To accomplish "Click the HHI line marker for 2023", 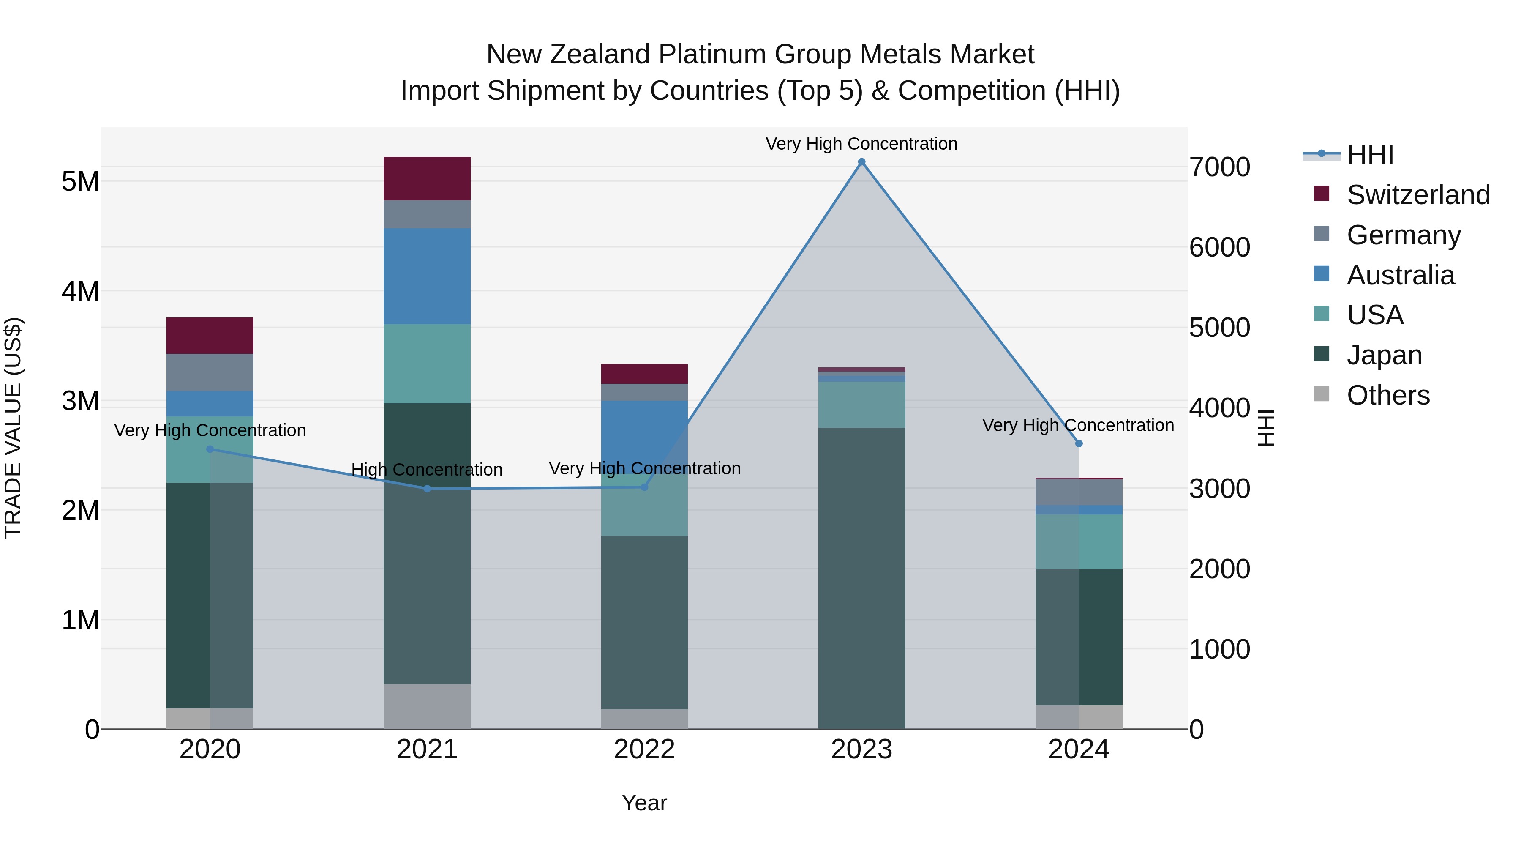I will (861, 162).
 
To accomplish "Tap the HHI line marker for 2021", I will (428, 489).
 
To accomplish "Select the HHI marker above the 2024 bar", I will (1079, 444).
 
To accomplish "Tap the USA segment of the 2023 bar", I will (861, 405).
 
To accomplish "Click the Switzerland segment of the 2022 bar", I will (644, 374).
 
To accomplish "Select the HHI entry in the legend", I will (1370, 155).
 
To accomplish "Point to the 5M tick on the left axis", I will (80, 181).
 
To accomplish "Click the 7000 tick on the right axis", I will (1220, 167).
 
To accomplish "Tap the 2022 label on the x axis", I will (644, 749).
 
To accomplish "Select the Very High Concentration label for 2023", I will (861, 144).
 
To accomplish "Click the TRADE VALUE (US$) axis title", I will (13, 428).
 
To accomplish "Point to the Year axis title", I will (644, 803).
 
